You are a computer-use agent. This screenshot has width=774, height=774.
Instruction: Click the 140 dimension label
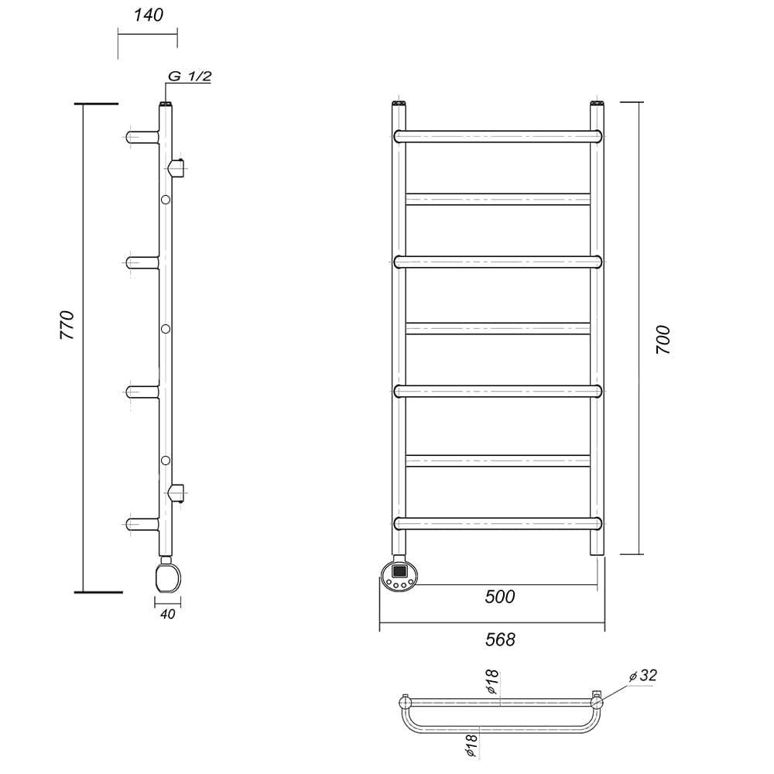148,15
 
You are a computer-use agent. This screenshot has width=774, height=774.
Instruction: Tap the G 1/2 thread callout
190,77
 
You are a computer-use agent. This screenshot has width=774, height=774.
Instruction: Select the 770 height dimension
67,325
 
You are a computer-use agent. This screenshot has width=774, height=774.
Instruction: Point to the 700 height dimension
663,339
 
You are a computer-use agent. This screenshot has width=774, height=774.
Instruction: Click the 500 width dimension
499,596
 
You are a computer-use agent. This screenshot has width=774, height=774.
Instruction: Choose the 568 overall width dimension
500,639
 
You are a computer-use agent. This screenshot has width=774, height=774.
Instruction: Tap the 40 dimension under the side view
168,614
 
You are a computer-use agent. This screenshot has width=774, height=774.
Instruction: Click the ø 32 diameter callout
643,675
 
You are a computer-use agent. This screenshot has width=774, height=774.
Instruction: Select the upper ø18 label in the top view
492,683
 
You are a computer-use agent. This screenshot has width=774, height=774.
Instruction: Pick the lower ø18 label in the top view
471,745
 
